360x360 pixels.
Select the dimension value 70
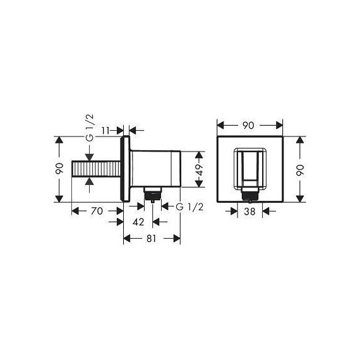[97, 212]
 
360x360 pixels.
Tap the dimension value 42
[140, 221]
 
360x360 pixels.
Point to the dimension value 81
[152, 239]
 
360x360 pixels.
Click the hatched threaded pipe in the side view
[98, 169]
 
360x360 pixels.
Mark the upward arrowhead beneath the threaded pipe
[89, 183]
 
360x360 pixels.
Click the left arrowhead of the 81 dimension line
[126, 239]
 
